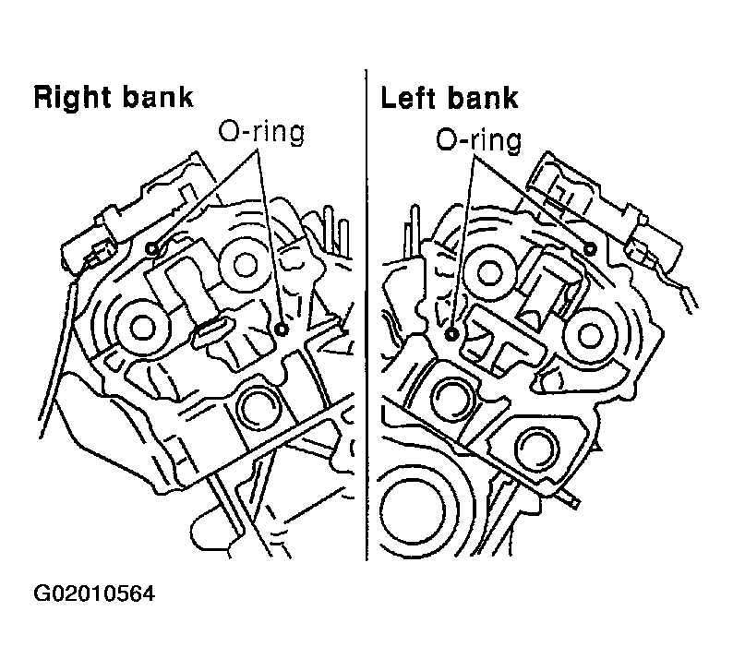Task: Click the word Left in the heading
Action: (409, 98)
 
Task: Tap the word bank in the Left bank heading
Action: (483, 98)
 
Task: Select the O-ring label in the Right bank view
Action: (262, 132)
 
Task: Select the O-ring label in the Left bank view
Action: (479, 139)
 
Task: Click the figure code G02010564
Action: (94, 593)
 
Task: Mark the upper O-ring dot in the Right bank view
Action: (152, 249)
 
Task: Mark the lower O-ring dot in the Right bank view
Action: (282, 330)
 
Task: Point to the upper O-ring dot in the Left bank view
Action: (591, 248)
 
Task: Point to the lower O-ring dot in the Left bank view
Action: (451, 333)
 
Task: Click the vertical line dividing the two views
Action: (366, 315)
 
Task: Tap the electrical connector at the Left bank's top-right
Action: (655, 246)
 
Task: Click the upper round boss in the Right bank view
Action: (244, 265)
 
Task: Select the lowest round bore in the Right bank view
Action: (258, 407)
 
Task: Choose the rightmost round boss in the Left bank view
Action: (592, 335)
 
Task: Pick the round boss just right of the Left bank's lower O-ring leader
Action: (488, 272)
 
